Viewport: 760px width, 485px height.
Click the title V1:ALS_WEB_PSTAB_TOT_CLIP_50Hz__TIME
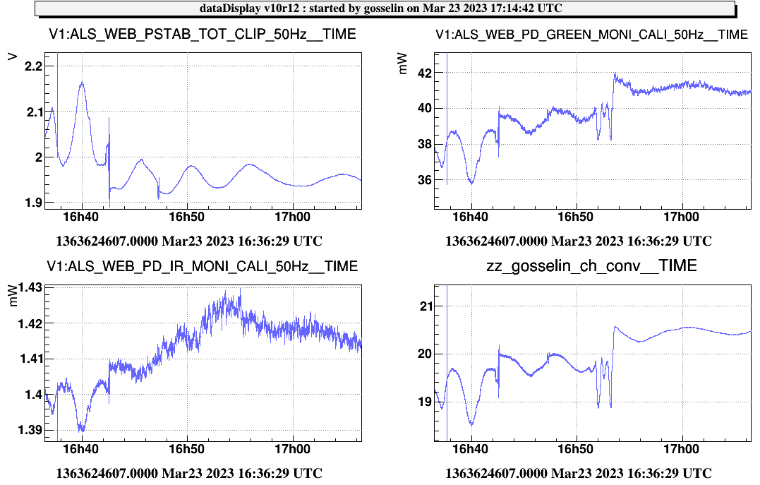click(202, 35)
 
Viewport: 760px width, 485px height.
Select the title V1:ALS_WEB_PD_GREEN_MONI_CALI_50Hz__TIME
click(591, 35)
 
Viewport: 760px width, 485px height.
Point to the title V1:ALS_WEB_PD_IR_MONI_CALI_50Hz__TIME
click(203, 266)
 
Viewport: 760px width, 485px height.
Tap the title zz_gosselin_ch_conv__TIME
click(591, 265)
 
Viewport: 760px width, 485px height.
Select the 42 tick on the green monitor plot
click(422, 73)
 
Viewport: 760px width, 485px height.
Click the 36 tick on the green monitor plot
click(422, 180)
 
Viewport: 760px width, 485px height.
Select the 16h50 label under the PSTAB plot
click(186, 215)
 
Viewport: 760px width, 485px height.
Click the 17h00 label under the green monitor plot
click(682, 215)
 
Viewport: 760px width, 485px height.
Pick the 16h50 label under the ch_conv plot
click(576, 449)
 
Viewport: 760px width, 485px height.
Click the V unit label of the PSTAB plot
click(12, 56)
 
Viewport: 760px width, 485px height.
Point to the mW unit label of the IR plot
click(12, 298)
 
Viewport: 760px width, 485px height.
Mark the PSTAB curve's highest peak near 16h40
click(83, 83)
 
